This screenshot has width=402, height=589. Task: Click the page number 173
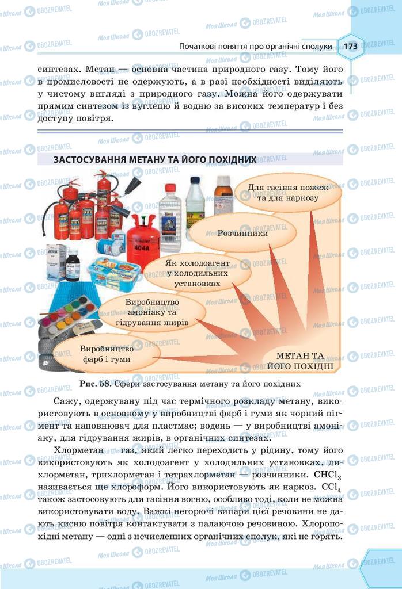click(x=351, y=46)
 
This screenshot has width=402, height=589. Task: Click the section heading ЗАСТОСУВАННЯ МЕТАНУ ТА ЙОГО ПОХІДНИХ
click(x=154, y=159)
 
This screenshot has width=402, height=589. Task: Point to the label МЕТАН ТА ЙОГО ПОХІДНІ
click(x=301, y=361)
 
